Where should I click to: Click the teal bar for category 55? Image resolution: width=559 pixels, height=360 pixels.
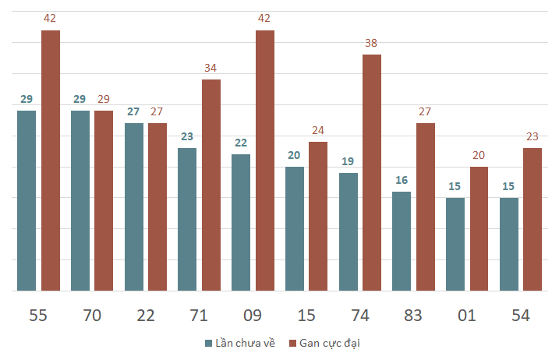pos(27,201)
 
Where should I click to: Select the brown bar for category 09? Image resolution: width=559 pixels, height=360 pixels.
pos(265,161)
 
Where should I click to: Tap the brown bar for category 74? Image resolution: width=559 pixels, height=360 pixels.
pos(372,173)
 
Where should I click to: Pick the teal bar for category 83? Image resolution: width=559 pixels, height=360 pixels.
pos(402,242)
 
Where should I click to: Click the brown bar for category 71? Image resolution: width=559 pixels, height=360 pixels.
pos(211,185)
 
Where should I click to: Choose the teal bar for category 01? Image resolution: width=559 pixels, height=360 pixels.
pos(455,245)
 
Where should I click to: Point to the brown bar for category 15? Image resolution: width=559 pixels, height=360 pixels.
pos(318,217)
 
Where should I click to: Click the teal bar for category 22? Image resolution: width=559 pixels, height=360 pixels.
pos(134,207)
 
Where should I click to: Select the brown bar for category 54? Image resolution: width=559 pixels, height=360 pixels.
pos(532,220)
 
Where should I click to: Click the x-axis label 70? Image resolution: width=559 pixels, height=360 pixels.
pos(92,316)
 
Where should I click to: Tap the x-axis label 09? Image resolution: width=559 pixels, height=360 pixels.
pos(253,316)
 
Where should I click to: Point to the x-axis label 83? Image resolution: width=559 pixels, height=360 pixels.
pos(413,316)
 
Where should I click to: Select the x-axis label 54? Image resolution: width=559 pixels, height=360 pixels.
pos(521,316)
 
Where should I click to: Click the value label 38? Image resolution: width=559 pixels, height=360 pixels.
pos(371,43)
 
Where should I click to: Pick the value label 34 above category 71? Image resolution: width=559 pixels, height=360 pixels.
pos(211,68)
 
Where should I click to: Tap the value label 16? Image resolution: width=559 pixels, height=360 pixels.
pos(402,180)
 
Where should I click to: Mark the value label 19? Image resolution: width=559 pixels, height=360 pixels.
pos(348,161)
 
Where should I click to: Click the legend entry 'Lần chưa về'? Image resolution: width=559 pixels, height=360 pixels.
pos(240,343)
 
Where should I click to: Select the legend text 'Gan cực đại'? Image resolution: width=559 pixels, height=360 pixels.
pos(330,344)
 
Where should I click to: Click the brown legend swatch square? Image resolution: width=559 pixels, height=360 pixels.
pos(292,344)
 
